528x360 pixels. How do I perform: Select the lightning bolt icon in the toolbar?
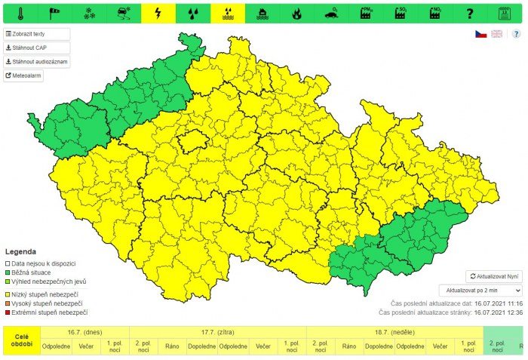158,13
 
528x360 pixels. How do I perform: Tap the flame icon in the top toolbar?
296,13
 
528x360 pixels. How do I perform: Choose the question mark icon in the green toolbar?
470,13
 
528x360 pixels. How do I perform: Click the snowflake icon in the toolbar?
89,13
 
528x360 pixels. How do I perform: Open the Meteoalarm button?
24,75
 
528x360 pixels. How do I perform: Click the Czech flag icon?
480,34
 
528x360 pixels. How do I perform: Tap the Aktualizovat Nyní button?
493,277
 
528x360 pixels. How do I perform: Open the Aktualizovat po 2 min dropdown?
480,290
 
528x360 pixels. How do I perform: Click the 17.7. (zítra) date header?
218,332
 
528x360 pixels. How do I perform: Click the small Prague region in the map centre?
192,140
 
